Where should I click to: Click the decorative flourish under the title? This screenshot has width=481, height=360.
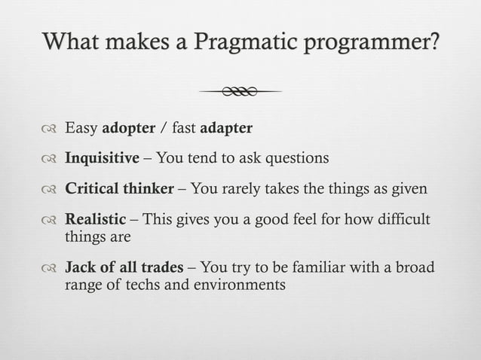(x=240, y=92)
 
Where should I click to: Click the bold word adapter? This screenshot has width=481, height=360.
(x=226, y=128)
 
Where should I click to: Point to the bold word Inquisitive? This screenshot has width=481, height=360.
(x=103, y=158)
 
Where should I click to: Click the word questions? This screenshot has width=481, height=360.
(x=294, y=158)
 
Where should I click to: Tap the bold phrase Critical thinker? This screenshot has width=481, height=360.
(x=119, y=188)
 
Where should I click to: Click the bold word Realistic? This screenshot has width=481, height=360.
(x=96, y=219)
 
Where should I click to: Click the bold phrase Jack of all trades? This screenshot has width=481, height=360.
(x=124, y=267)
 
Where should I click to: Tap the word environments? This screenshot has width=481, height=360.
(x=237, y=285)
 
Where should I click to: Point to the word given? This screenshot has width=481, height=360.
(x=409, y=188)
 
